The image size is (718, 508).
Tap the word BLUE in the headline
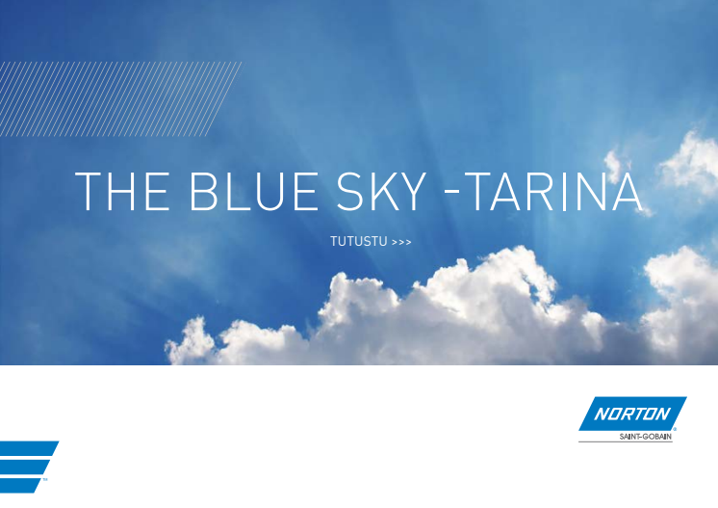coord(254,191)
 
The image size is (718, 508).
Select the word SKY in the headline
coord(381,191)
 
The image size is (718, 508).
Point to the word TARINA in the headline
coord(556,191)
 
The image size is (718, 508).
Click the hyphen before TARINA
coord(452,193)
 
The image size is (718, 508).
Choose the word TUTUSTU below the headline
coord(359,241)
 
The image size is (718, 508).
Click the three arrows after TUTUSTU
coord(401,242)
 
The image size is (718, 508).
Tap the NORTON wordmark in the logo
coord(632,414)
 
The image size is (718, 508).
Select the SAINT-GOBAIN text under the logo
coord(645,437)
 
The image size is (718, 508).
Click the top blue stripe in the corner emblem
coord(28,448)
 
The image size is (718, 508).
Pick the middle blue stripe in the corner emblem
coord(23,467)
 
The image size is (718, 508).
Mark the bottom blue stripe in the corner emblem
coord(19,485)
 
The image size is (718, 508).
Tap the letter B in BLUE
coord(203,191)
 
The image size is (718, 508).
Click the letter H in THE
coord(122,191)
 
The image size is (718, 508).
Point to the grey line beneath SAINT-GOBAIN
coord(626,442)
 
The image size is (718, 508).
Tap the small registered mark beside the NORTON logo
coord(675,429)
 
